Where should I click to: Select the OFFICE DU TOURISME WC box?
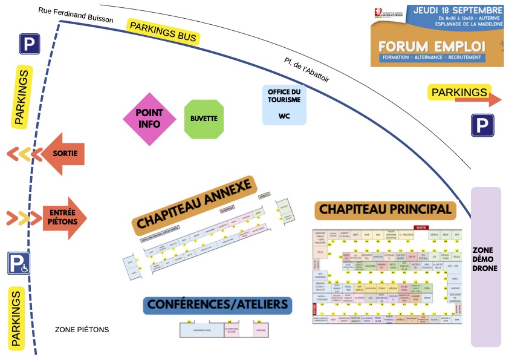coord(284,105)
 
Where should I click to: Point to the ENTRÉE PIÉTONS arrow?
coord(63,217)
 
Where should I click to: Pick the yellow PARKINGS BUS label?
coord(163,31)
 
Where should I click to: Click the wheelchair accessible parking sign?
coord(19,263)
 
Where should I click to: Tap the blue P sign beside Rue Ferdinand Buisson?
coord(29,44)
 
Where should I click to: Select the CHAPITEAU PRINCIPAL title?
coord(384,209)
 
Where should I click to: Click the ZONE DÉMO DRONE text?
coord(485,259)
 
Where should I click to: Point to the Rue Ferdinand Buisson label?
coord(76,15)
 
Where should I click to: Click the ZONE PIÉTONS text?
coord(82,330)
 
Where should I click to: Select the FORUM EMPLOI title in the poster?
coord(432,46)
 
